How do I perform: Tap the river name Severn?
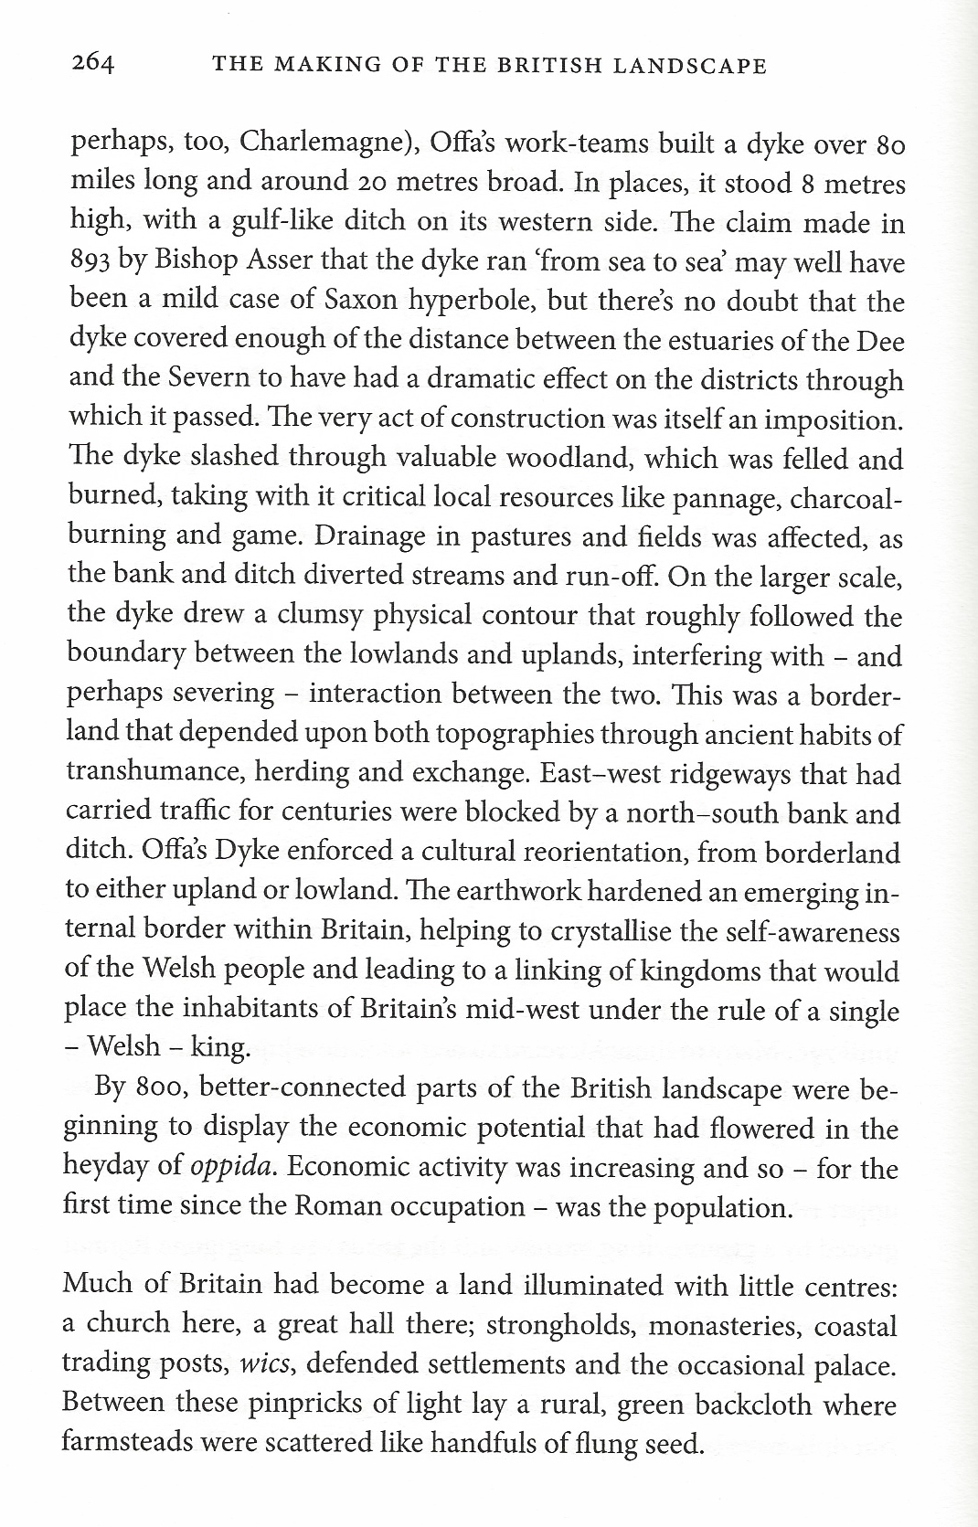tap(186, 380)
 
